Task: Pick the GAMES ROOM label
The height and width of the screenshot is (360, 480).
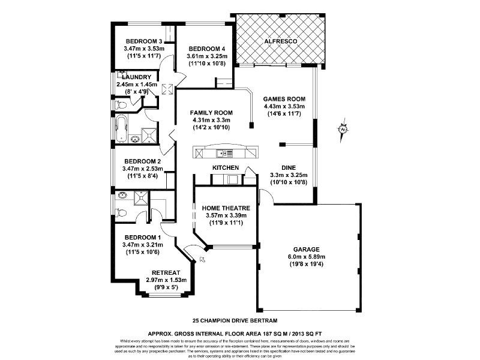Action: [x=285, y=99]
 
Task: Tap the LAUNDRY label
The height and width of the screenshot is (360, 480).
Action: [x=136, y=77]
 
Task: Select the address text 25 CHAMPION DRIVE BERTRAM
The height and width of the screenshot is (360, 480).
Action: [x=235, y=320]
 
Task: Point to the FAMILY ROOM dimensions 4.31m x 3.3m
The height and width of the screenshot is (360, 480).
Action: [x=211, y=120]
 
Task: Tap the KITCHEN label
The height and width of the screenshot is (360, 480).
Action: [x=226, y=167]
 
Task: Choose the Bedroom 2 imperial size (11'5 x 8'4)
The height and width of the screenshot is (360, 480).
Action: [x=142, y=176]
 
